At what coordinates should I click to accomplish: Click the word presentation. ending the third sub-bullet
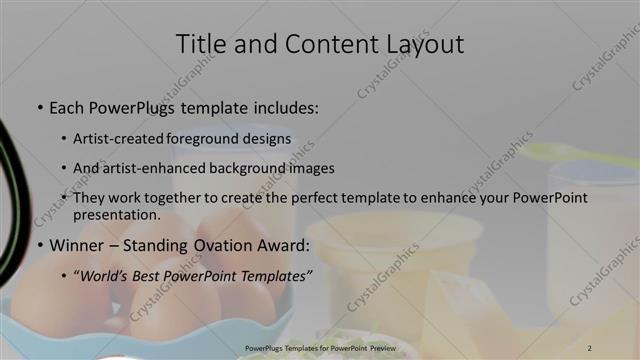(x=117, y=215)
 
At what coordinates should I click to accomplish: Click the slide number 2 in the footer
(x=589, y=347)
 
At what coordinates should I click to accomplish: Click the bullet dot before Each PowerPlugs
(x=39, y=107)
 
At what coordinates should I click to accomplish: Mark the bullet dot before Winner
(x=39, y=246)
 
